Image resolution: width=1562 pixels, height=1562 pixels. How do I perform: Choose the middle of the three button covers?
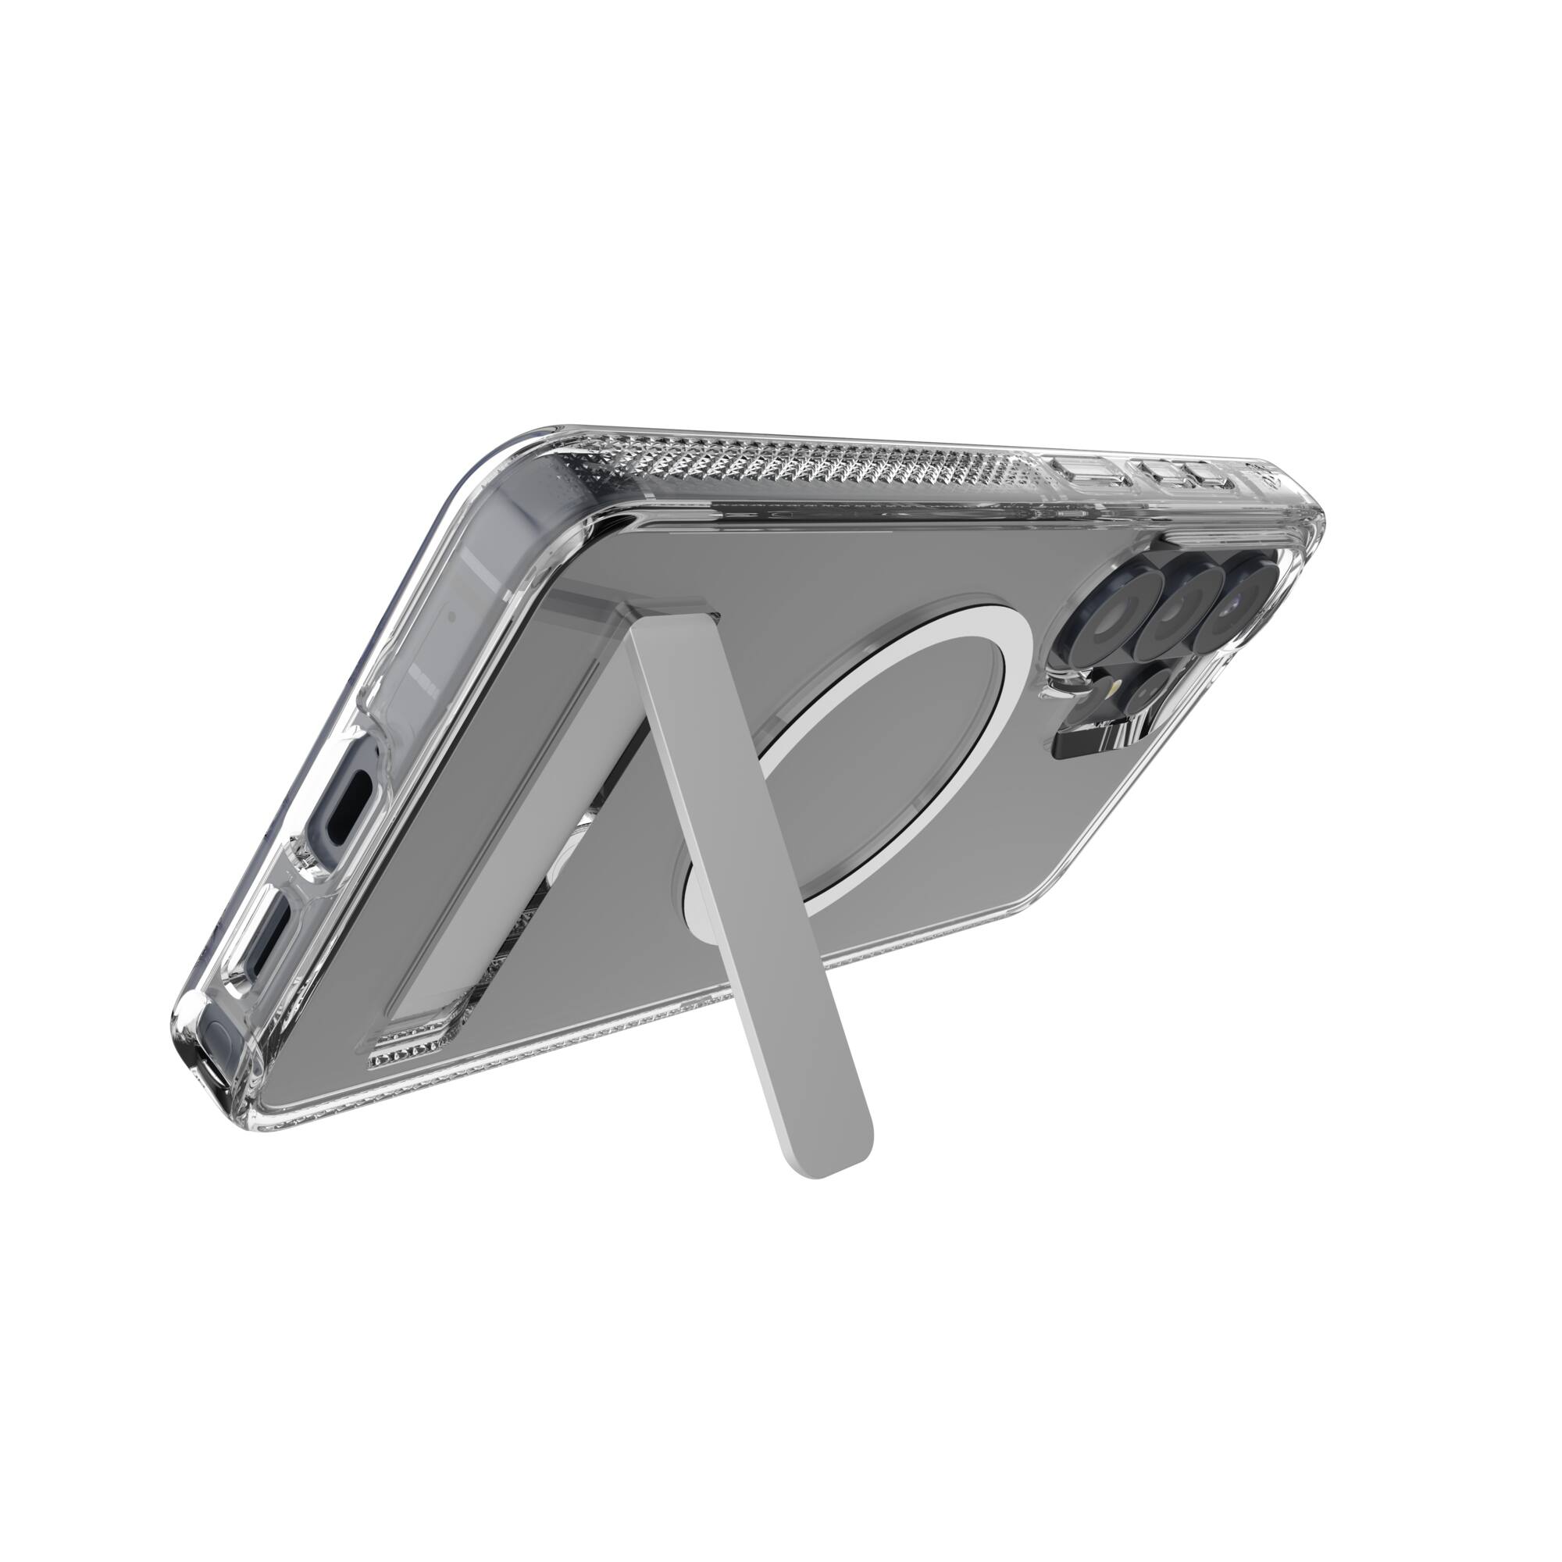click(x=1161, y=472)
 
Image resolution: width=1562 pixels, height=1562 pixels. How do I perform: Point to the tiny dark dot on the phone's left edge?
click(x=451, y=615)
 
